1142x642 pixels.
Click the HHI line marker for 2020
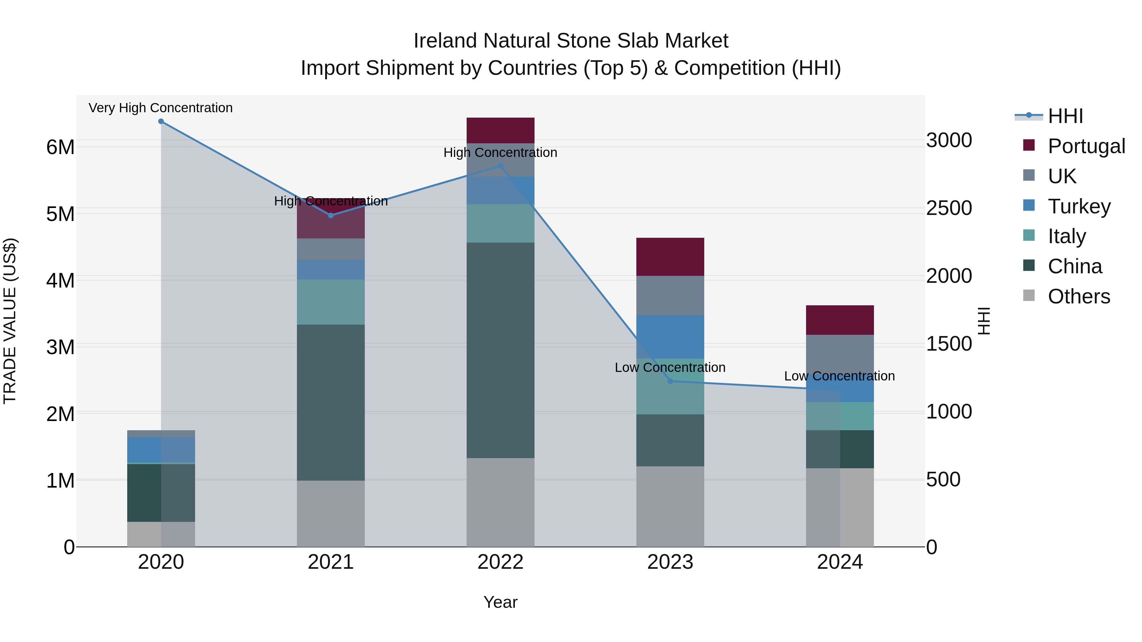(x=161, y=121)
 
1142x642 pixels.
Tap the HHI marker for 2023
(x=670, y=381)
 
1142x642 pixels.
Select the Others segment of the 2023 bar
(x=670, y=506)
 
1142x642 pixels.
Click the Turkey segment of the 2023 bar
(x=670, y=337)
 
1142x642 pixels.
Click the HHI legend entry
(x=1065, y=116)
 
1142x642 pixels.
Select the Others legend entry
(x=1078, y=296)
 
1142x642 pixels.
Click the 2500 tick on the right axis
(x=949, y=208)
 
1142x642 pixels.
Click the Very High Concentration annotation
(x=161, y=108)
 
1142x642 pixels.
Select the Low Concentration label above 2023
(x=670, y=368)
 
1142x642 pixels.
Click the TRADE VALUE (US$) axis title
(x=10, y=321)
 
